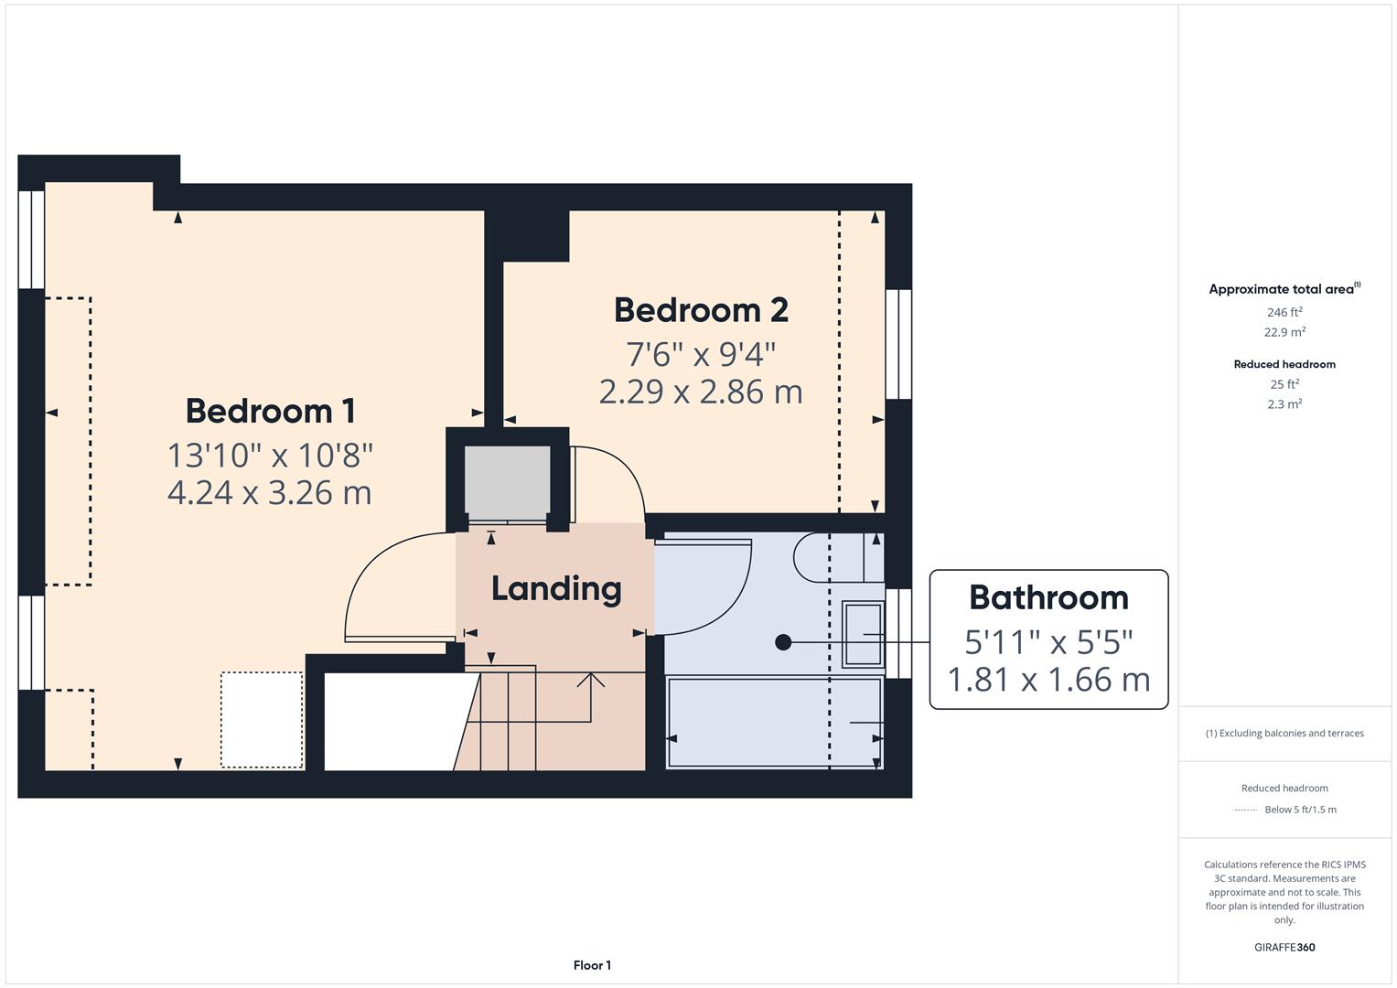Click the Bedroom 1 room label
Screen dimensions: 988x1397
(x=270, y=411)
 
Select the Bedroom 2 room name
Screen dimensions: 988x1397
(x=701, y=310)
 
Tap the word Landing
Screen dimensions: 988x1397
(x=556, y=588)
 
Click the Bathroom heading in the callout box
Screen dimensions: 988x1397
(x=1048, y=597)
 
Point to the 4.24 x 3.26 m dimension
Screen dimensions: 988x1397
(x=270, y=493)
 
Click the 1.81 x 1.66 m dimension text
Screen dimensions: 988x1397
(x=1048, y=680)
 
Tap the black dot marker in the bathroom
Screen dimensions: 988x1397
(x=783, y=642)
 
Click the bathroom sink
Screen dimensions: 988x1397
(x=863, y=634)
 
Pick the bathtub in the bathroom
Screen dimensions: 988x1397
(x=774, y=722)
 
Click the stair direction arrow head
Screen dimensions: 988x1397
(x=591, y=679)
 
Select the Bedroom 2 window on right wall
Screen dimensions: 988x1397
(x=898, y=344)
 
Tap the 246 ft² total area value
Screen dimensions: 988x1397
(x=1284, y=312)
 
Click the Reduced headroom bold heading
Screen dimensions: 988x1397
(x=1284, y=364)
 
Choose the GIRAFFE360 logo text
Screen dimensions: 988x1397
(x=1284, y=947)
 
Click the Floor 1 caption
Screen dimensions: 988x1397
(x=592, y=965)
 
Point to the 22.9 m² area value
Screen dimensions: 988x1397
(x=1284, y=332)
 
